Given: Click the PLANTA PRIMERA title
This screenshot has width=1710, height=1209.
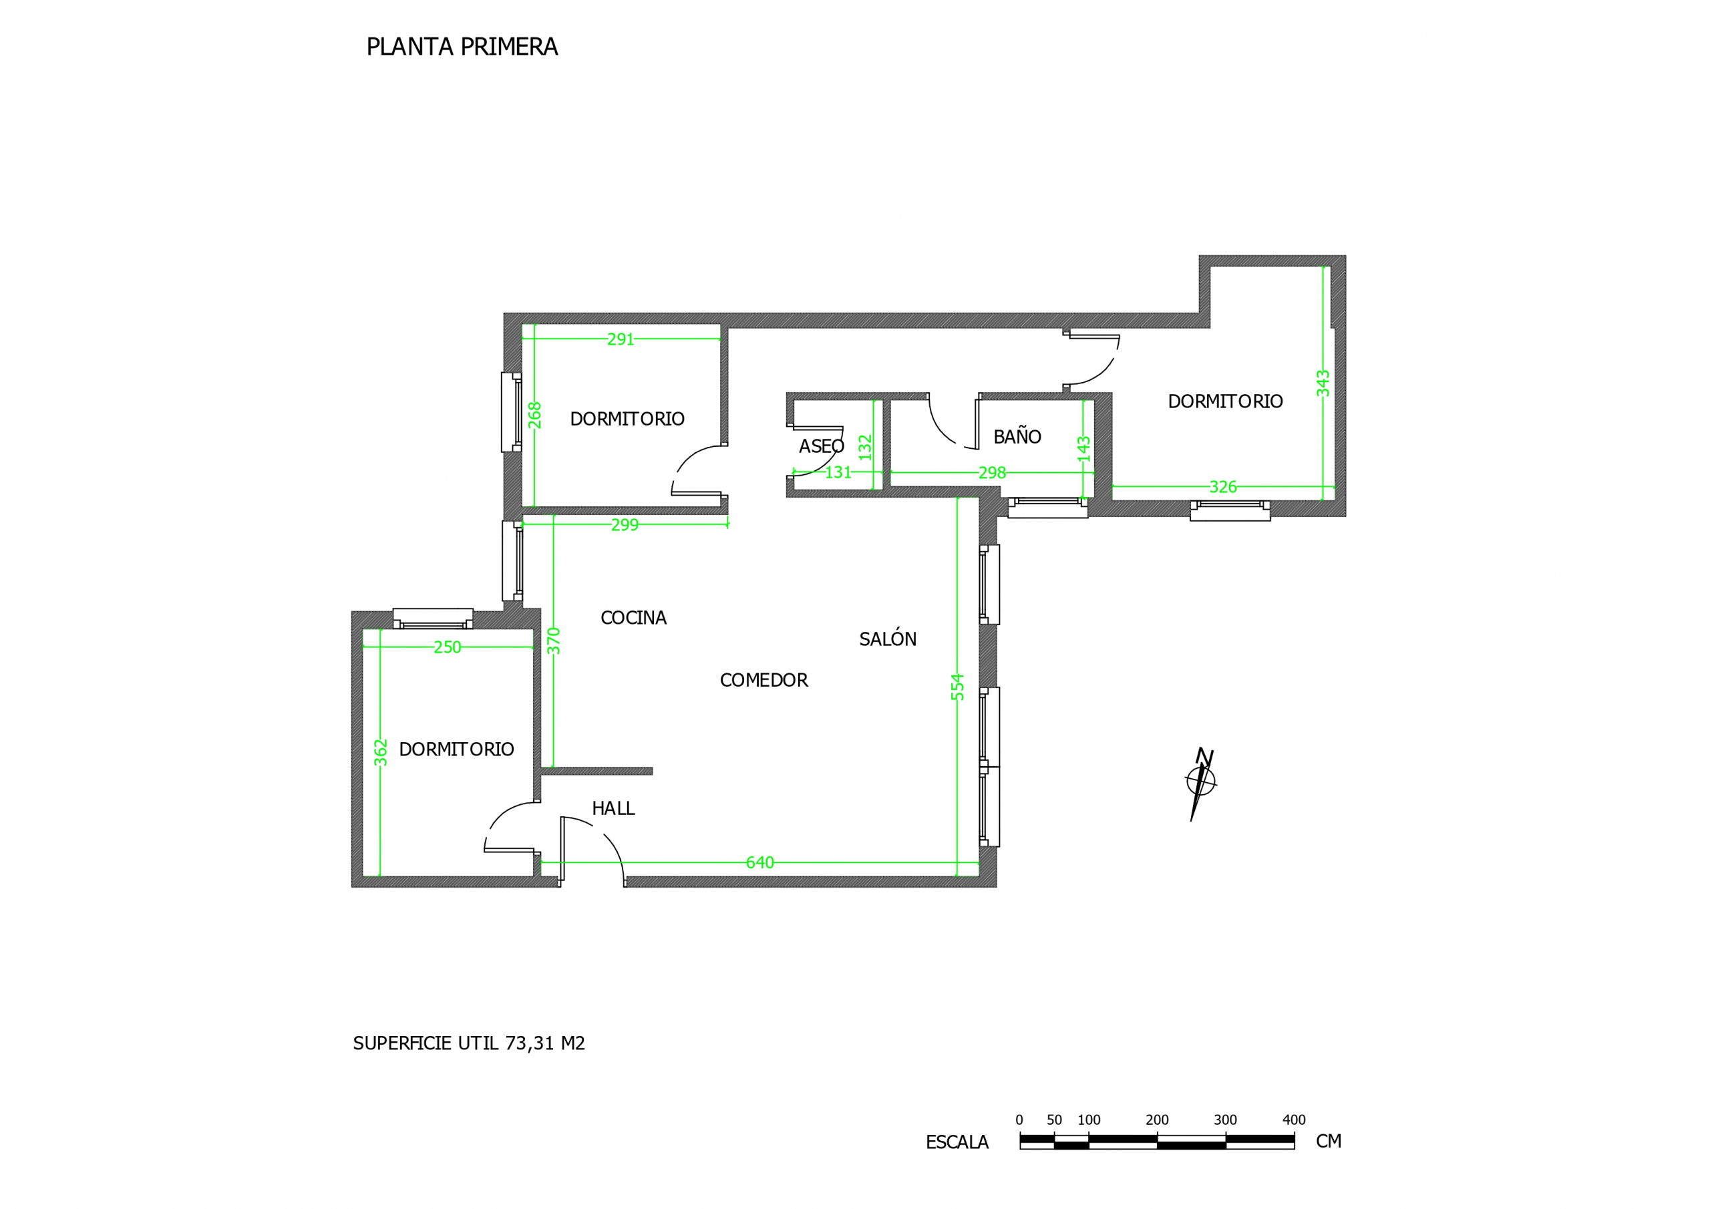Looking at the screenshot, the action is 462,47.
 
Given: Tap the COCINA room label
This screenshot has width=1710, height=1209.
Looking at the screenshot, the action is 633,618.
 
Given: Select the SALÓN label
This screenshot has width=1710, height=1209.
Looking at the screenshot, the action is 888,639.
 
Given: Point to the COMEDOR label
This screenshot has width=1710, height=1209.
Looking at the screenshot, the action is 763,680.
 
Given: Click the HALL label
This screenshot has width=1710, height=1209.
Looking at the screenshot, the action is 613,808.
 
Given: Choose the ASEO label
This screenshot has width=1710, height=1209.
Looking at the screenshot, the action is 822,446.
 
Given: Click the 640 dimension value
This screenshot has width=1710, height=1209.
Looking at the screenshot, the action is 759,862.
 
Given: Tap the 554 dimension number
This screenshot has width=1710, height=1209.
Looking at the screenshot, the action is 958,687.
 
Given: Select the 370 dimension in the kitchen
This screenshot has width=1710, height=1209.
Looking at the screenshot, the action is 553,641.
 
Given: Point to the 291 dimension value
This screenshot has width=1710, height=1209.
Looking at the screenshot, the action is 621,340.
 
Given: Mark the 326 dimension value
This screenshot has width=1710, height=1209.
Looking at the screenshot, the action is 1223,487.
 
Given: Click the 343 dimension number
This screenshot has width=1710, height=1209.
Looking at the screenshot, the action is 1323,383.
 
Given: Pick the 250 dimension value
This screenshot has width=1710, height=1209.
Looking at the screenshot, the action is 448,647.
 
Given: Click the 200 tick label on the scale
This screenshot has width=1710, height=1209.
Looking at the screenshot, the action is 1157,1119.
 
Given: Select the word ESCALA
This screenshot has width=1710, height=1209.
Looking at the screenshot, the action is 957,1142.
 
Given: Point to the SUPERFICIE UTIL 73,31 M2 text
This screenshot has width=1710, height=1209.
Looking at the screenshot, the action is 469,1043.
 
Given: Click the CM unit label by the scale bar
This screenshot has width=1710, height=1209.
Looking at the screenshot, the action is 1329,1142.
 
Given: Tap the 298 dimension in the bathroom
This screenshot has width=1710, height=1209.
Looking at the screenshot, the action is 992,473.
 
